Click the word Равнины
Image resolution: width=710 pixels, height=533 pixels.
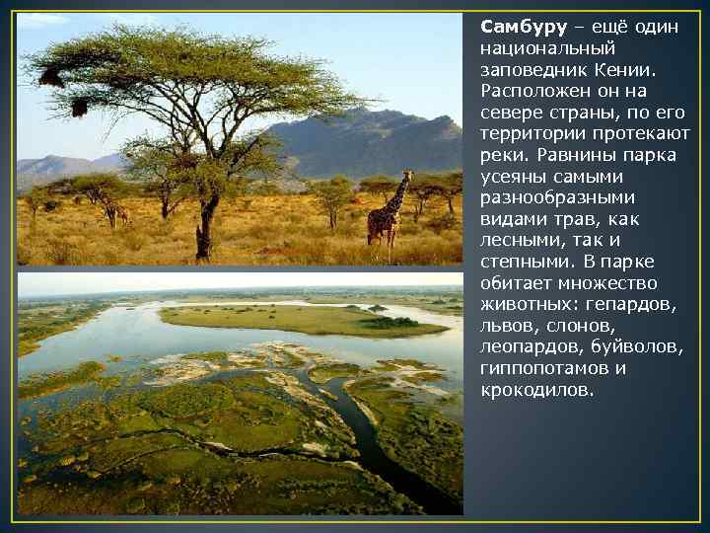tap(562, 156)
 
